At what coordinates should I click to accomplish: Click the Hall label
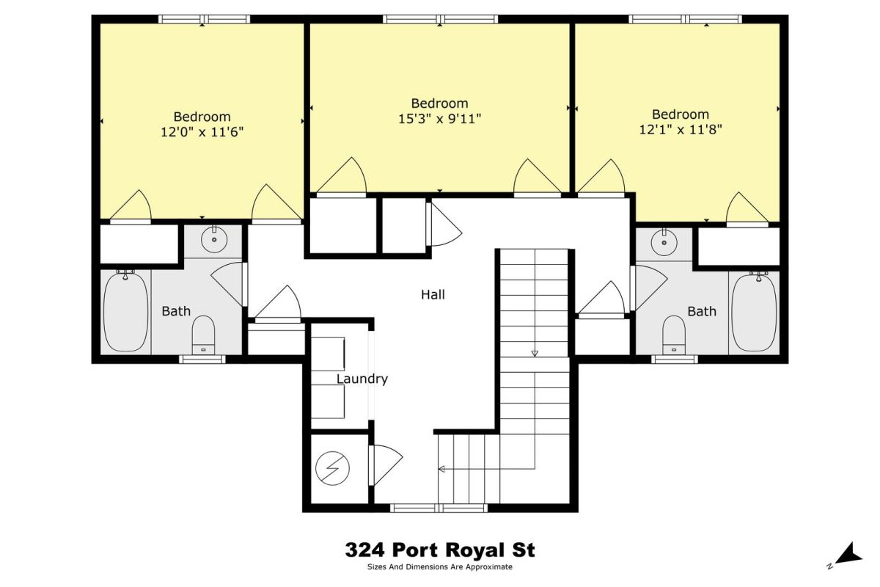[x=433, y=294]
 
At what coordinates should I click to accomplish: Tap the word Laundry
[x=362, y=379]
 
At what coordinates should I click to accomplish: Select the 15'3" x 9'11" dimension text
[x=439, y=118]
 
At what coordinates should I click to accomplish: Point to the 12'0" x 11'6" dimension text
[x=202, y=132]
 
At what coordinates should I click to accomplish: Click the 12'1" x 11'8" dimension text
[x=681, y=129]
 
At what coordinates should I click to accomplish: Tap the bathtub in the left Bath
[x=125, y=311]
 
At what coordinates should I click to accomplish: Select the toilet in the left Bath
[x=203, y=335]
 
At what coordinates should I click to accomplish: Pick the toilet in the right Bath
[x=674, y=335]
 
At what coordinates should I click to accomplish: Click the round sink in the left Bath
[x=214, y=239]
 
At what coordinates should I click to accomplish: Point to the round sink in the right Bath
[x=664, y=242]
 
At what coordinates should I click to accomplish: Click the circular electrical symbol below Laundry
[x=332, y=468]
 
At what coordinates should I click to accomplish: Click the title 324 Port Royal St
[x=440, y=550]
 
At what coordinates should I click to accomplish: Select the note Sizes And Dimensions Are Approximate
[x=440, y=567]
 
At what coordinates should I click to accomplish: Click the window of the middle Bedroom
[x=441, y=19]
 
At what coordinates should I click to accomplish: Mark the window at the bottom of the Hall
[x=439, y=508]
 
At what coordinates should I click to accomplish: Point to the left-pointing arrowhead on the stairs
[x=441, y=469]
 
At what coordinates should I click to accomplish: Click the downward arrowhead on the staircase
[x=535, y=353]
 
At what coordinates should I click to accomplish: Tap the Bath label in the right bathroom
[x=702, y=311]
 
